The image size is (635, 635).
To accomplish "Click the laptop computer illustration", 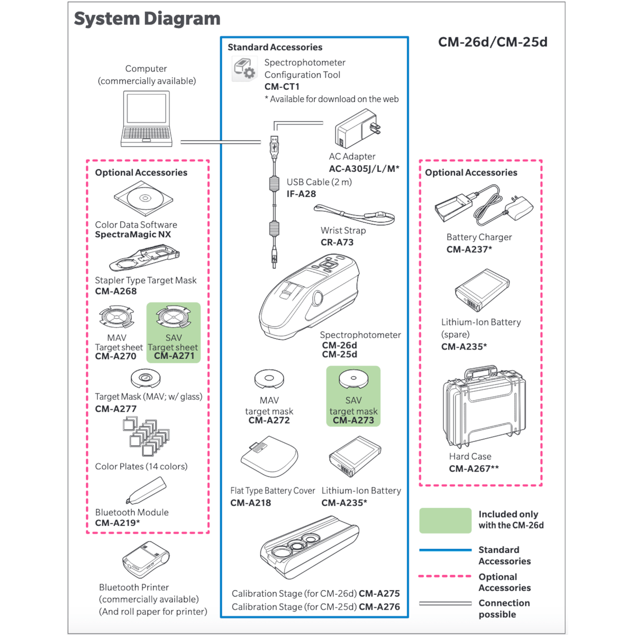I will click(147, 119).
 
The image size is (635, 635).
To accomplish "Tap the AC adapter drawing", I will click(358, 129).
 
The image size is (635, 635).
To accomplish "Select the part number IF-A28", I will click(301, 194).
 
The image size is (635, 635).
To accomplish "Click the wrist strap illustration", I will click(355, 214).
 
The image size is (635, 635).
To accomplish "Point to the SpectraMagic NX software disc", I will click(143, 199).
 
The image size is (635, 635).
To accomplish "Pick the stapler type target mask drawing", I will click(144, 258).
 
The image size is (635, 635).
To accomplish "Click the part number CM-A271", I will click(174, 356).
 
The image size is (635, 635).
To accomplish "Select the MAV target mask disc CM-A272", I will click(269, 378).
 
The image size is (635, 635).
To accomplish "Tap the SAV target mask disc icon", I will click(353, 378).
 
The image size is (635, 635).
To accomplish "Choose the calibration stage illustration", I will click(310, 551).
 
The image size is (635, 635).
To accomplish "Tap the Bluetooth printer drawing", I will click(146, 560).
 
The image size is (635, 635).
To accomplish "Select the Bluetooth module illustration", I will click(147, 490).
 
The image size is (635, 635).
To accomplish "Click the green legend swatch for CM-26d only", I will click(445, 520).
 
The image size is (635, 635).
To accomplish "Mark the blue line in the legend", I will click(445, 550).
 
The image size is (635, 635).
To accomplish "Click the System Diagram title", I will click(147, 19).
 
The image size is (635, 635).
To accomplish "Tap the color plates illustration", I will click(147, 437).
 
